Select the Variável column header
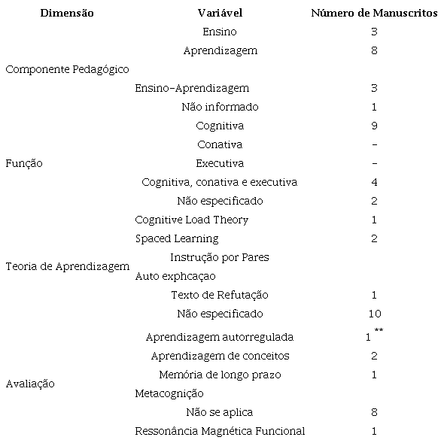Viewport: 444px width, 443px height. tap(220, 14)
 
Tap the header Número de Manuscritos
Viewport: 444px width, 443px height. tap(374, 14)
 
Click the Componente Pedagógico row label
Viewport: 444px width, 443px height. tap(67, 69)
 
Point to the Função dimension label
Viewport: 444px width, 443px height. tap(24, 163)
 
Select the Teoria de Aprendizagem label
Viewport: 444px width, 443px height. tap(67, 266)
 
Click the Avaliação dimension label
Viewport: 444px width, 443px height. tap(30, 384)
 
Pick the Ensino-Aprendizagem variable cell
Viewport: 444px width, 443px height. tap(192, 88)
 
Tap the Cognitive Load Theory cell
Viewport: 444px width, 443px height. tap(191, 220)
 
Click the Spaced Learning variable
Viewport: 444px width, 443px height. tap(177, 238)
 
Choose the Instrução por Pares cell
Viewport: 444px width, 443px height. tap(219, 257)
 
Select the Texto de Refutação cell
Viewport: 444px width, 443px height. tap(219, 295)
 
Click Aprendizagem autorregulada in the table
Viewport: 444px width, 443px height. tap(219, 337)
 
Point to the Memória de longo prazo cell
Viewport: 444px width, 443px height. tap(219, 375)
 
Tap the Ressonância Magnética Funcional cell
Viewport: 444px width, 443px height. tap(220, 431)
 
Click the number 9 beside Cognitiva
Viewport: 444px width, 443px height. tap(374, 126)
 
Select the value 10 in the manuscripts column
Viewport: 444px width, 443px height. tap(374, 314)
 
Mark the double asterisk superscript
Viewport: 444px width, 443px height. tap(379, 331)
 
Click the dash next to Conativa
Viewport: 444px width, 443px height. tap(374, 144)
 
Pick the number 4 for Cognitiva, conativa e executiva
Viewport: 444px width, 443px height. tap(374, 182)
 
